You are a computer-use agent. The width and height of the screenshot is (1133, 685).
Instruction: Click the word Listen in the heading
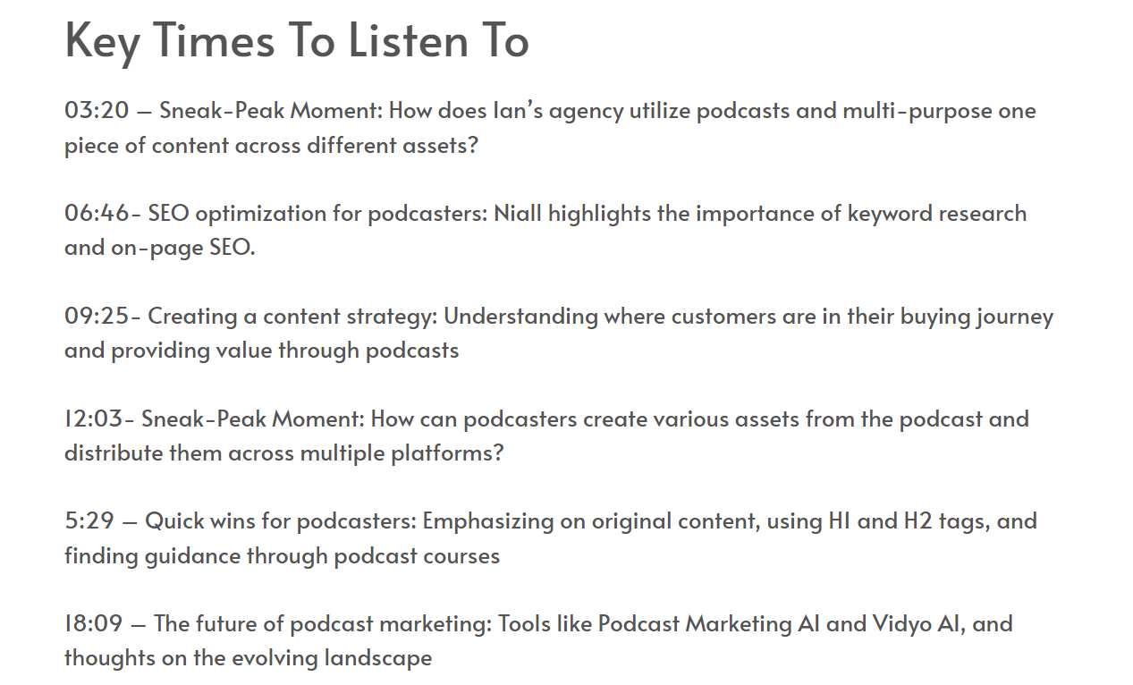click(x=408, y=40)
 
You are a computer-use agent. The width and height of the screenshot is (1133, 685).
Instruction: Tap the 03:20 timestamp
click(x=97, y=110)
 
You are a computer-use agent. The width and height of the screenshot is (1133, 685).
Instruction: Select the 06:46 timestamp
click(x=97, y=213)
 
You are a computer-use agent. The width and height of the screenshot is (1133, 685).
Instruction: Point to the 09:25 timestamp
click(x=97, y=316)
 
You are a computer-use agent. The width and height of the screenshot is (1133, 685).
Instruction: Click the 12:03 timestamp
click(x=94, y=419)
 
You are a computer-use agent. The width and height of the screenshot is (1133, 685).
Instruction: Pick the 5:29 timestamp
click(x=89, y=520)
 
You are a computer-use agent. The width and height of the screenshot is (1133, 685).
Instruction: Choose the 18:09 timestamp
click(x=94, y=623)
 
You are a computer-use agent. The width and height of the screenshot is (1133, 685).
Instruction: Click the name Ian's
click(x=518, y=110)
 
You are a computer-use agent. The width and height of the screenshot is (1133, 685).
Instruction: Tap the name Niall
click(x=518, y=213)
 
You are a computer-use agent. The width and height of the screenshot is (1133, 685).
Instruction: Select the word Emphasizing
click(x=487, y=522)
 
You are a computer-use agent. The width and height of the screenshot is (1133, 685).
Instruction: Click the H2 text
click(x=917, y=521)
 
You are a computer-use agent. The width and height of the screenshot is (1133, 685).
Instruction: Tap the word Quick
click(x=174, y=521)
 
